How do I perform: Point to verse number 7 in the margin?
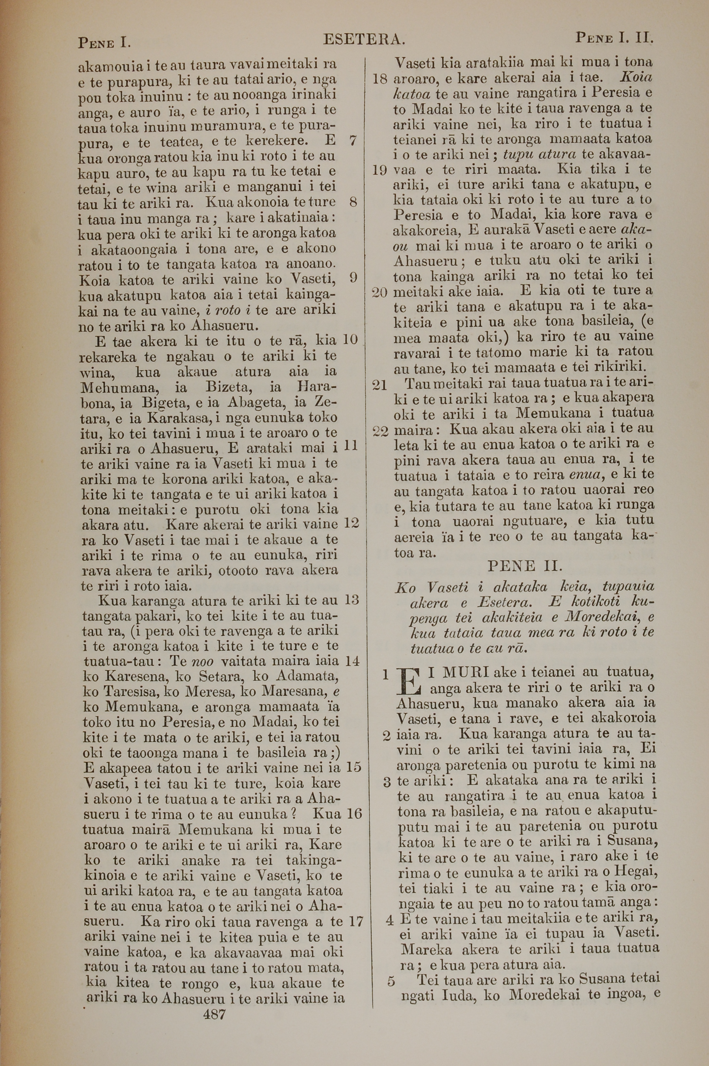pyautogui.click(x=353, y=141)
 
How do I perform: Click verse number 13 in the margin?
pyautogui.click(x=352, y=601)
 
